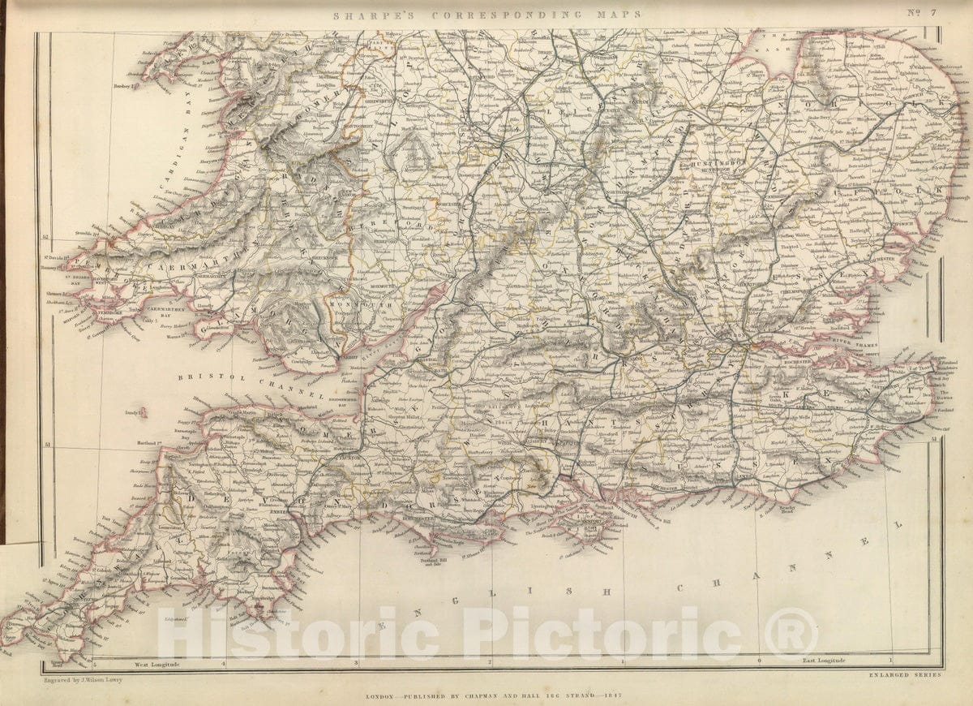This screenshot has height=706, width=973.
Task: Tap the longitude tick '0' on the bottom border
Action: [x=758, y=661]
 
